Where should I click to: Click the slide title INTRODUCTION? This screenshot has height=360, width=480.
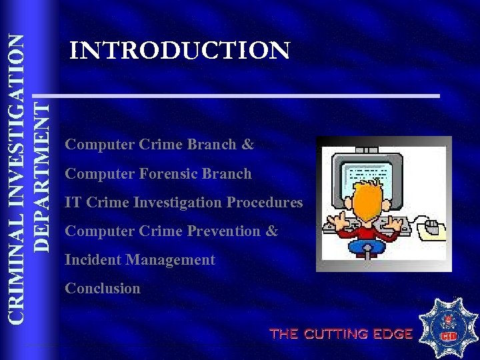point(180,51)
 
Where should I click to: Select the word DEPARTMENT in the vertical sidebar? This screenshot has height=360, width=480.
point(42,175)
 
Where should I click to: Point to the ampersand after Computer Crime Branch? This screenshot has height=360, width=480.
point(248,145)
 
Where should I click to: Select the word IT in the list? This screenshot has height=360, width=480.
point(72,203)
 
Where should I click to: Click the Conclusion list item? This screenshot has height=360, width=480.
point(103,289)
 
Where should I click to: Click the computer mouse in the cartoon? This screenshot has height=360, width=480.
point(431,229)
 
